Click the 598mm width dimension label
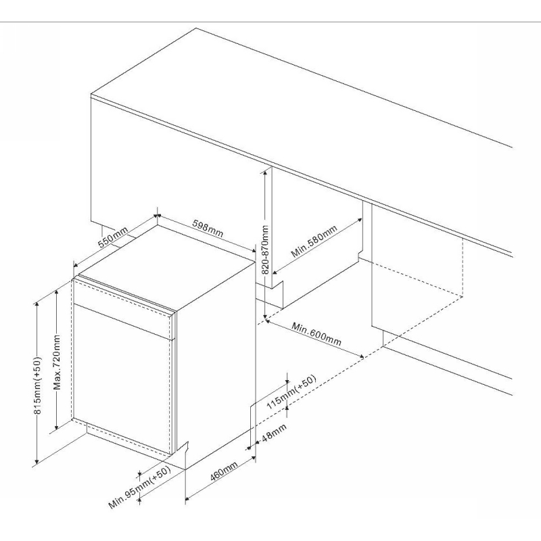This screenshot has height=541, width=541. pyautogui.click(x=208, y=229)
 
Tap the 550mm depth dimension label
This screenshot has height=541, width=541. pyautogui.click(x=113, y=237)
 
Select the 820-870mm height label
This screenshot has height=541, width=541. pyautogui.click(x=265, y=250)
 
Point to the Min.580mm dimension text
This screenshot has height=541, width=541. pyautogui.click(x=314, y=241)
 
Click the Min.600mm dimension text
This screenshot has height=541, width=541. pyautogui.click(x=316, y=333)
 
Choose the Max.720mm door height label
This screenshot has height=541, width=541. pyautogui.click(x=57, y=362)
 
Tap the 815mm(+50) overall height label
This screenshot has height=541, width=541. pyautogui.click(x=38, y=385)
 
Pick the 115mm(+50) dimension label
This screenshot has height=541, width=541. pyautogui.click(x=291, y=392)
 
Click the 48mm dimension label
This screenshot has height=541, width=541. pyautogui.click(x=275, y=433)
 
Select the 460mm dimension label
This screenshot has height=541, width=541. pyautogui.click(x=224, y=471)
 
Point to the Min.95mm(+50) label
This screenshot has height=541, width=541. pyautogui.click(x=140, y=488)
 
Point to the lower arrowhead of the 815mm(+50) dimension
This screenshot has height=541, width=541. pyautogui.click(x=37, y=462)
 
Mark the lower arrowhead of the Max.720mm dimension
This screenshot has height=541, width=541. pyautogui.click(x=56, y=428)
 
